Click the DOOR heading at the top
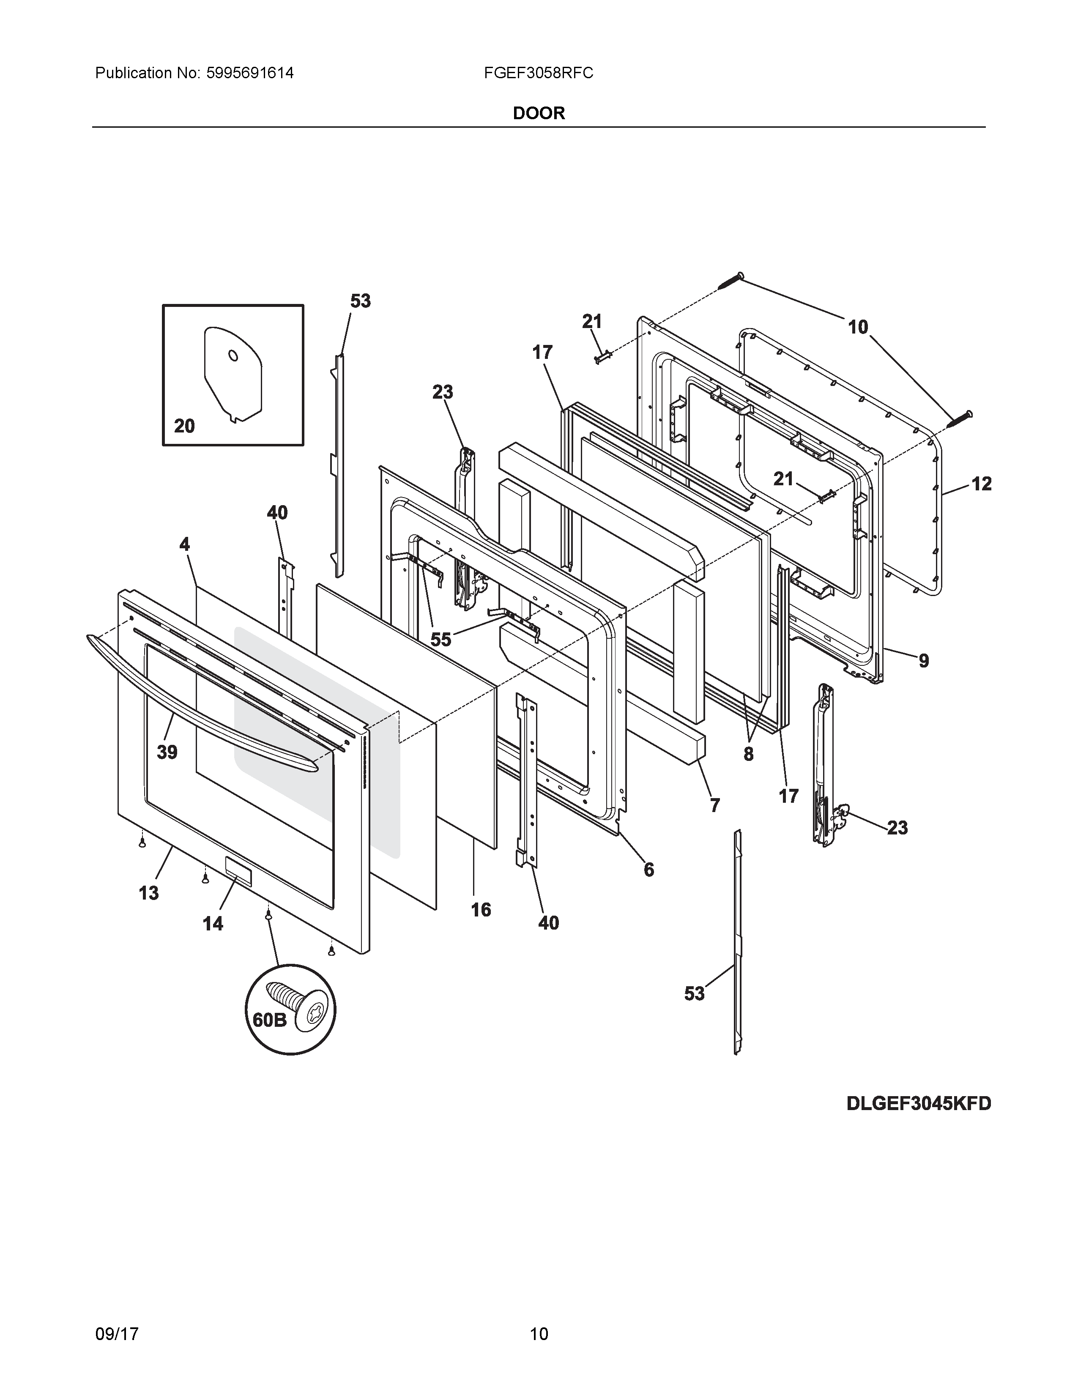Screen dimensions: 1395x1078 538,113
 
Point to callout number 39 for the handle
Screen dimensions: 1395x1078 167,752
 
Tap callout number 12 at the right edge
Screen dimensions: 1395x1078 982,484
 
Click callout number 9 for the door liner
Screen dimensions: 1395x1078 923,660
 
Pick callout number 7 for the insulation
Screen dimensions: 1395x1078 714,805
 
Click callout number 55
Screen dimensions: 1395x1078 441,639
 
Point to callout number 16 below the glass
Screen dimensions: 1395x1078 481,910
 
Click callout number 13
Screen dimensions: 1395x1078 149,892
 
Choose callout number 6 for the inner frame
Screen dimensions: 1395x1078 649,869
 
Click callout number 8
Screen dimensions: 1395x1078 748,754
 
